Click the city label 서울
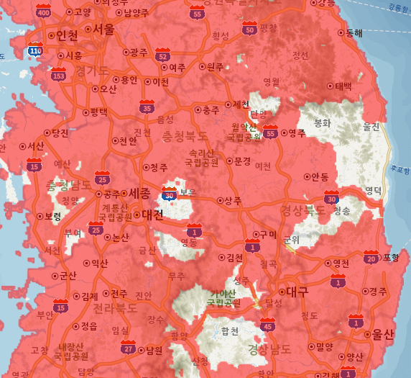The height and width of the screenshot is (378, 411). [x=103, y=30]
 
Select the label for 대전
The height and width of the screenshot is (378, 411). [x=152, y=215]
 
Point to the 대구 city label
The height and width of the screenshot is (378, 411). [x=297, y=292]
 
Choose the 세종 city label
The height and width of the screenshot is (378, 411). [x=139, y=193]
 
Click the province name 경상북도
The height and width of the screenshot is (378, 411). [x=303, y=210]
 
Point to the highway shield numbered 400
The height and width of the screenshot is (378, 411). [x=44, y=11]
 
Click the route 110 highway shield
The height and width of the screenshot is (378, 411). [x=34, y=50]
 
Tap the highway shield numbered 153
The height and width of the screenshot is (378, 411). [x=58, y=73]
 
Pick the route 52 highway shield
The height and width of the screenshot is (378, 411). [x=163, y=55]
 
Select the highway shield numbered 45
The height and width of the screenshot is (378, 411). [x=267, y=325]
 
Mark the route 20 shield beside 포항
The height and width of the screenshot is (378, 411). [x=371, y=257]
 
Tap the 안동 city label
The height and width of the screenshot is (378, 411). [x=320, y=176]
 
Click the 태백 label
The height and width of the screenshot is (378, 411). [x=343, y=86]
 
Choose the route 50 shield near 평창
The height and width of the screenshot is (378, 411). [x=250, y=28]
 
